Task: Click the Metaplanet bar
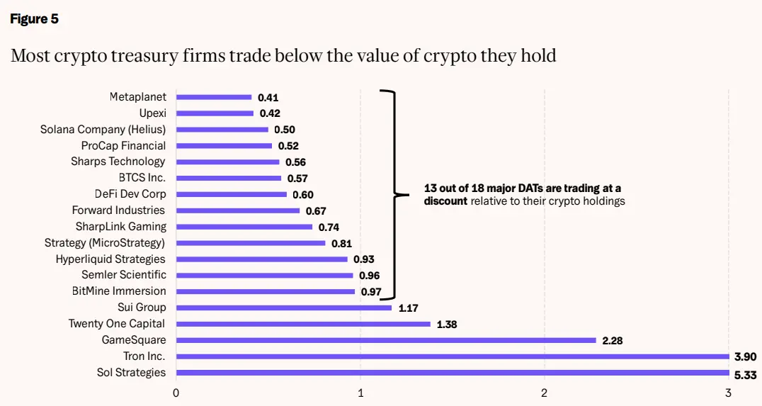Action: (x=214, y=97)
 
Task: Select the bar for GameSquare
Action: (x=386, y=340)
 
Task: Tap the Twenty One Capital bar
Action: (x=303, y=324)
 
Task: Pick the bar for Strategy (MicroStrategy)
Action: (x=251, y=243)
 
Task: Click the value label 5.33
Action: (x=745, y=376)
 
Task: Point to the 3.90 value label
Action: (x=745, y=357)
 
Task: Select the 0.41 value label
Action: (x=268, y=98)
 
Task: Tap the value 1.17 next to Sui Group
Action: (x=408, y=308)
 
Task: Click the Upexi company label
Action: (x=152, y=113)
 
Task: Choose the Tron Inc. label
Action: (x=144, y=356)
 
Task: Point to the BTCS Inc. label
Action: (x=142, y=177)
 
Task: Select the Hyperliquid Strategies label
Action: (x=110, y=259)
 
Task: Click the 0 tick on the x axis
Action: (x=176, y=393)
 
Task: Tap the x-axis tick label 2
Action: (x=545, y=393)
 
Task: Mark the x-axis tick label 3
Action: (x=729, y=393)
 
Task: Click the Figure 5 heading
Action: (x=34, y=19)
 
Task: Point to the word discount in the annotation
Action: (x=445, y=201)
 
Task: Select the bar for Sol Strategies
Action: (x=453, y=373)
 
